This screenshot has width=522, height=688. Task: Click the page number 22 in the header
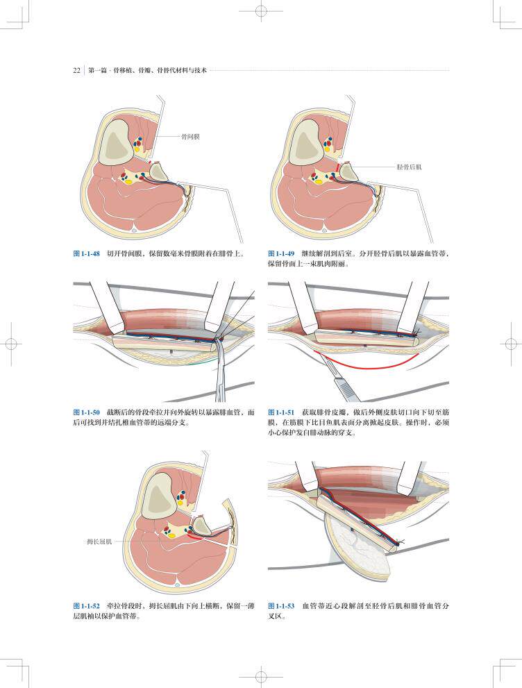click(x=77, y=69)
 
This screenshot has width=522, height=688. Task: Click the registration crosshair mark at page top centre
click(x=260, y=12)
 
